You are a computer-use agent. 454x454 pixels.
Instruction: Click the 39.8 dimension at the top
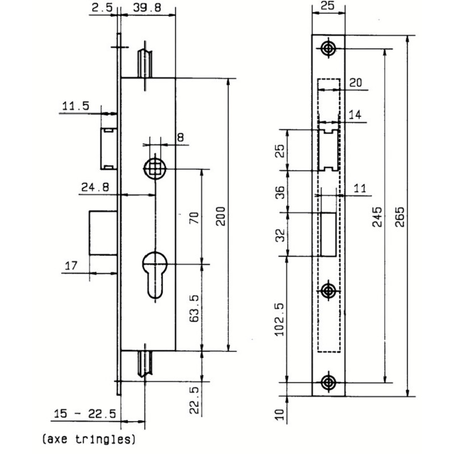pyautogui.click(x=147, y=7)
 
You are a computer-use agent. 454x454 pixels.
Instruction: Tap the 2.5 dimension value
pyautogui.click(x=102, y=7)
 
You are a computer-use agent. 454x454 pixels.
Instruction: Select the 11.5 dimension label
pyautogui.click(x=76, y=106)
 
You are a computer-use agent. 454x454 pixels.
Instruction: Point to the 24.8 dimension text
pyautogui.click(x=95, y=187)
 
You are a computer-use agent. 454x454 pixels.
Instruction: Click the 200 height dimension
pyautogui.click(x=221, y=216)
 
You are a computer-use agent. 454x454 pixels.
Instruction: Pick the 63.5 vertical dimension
pyautogui.click(x=194, y=309)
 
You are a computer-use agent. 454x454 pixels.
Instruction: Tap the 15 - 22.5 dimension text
pyautogui.click(x=85, y=414)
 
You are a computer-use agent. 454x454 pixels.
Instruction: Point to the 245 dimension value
pyautogui.click(x=377, y=217)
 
